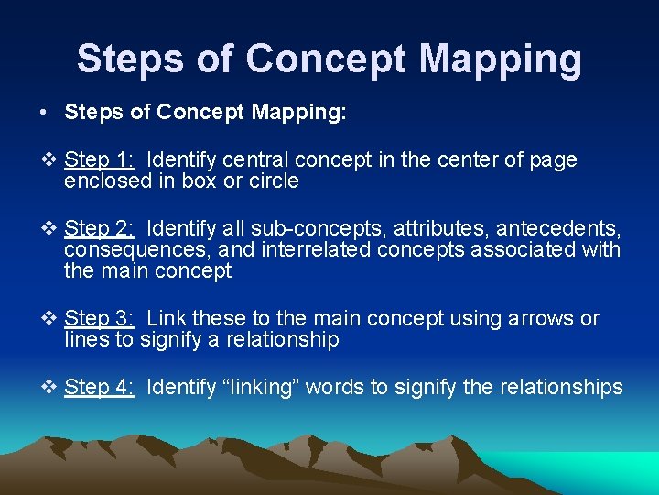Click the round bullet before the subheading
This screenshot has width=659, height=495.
(44, 113)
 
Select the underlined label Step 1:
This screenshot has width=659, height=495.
(100, 160)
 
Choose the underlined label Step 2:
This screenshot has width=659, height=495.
(100, 227)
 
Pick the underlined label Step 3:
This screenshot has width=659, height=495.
(100, 319)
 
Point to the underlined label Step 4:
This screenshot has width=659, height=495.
(100, 388)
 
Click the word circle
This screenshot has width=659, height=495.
(274, 181)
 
